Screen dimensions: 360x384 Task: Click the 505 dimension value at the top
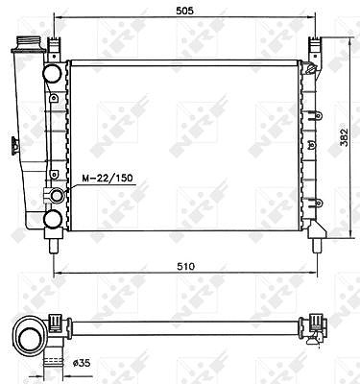185,11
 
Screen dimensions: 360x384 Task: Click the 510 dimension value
186,266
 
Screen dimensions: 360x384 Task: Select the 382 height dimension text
345,138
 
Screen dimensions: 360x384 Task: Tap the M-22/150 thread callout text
108,179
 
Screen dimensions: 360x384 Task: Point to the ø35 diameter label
82,363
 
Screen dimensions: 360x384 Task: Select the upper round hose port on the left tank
52,73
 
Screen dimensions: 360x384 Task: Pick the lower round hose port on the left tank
53,219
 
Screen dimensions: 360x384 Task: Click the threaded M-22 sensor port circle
58,196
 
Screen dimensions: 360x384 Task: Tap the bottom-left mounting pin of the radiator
54,246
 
